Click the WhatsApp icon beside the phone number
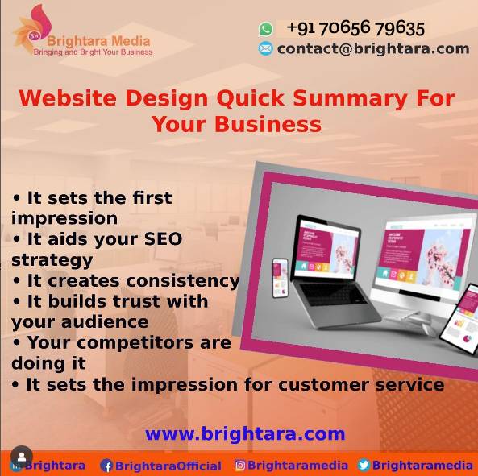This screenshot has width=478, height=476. [266, 29]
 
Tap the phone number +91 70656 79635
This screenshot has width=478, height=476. [355, 28]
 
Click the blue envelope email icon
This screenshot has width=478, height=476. [265, 48]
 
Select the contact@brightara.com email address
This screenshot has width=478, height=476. [373, 48]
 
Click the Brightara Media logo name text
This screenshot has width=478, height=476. [98, 41]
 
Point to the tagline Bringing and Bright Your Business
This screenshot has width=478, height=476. [93, 52]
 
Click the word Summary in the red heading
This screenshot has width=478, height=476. [351, 99]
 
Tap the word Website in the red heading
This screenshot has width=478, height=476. [68, 98]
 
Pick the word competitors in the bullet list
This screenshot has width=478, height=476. [135, 343]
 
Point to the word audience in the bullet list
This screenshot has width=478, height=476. [105, 321]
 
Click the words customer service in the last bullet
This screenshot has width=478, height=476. [361, 384]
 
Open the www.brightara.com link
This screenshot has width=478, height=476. [245, 433]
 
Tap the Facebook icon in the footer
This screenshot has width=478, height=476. [106, 466]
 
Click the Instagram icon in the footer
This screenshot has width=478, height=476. [240, 466]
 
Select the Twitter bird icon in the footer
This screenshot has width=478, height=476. [364, 466]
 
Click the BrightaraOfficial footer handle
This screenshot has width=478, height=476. [168, 466]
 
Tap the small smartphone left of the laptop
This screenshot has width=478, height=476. [281, 278]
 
